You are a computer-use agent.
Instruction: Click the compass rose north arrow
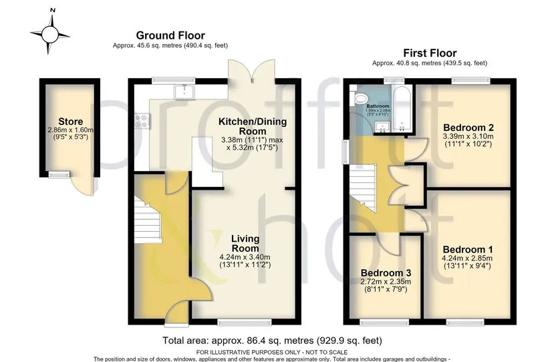point(52,20)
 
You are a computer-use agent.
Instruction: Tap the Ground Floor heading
point(170,35)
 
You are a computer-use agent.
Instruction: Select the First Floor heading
point(430,53)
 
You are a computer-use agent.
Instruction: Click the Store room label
point(70,122)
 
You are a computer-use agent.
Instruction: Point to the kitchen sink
point(185,92)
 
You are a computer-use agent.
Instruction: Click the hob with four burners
point(142,121)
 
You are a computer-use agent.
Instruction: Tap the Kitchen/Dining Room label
point(253,126)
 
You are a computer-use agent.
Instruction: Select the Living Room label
point(245,243)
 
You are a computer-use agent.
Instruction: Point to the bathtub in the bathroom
point(402,108)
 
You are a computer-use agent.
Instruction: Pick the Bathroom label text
point(378,106)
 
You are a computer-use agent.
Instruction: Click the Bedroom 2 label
point(468,128)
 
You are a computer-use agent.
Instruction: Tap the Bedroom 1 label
point(468,249)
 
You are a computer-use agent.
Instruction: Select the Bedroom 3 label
point(386,273)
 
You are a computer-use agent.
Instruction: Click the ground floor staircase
point(148,219)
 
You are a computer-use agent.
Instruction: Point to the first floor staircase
point(363,188)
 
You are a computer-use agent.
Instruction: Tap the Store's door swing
point(83,184)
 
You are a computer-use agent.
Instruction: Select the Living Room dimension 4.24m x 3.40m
point(245,257)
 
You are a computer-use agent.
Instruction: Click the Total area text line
point(273,341)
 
